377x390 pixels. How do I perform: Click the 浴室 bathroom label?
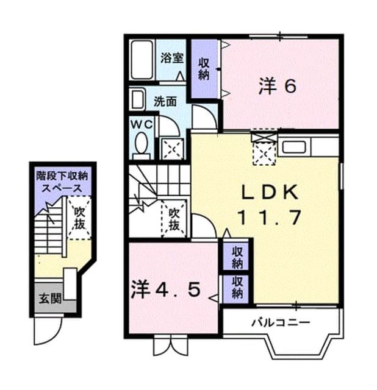(x=172, y=58)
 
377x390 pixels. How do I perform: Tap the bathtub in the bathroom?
(x=142, y=60)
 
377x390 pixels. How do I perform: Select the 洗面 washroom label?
(x=165, y=102)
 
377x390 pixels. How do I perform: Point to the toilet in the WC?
(x=142, y=146)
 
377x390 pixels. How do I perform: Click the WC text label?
(x=142, y=124)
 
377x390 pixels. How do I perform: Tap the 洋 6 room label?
(x=278, y=86)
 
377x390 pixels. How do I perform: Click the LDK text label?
(x=270, y=193)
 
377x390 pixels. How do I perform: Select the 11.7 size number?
(x=270, y=217)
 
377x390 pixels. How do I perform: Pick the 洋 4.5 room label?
(x=165, y=289)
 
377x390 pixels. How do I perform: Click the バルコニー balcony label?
(x=281, y=323)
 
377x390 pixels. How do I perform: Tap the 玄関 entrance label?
(x=50, y=299)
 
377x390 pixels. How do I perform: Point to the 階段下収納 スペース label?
(x=62, y=182)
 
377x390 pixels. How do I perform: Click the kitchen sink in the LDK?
(x=295, y=147)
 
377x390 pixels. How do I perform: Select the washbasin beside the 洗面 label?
(x=137, y=99)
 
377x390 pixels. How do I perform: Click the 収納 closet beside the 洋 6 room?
(x=204, y=69)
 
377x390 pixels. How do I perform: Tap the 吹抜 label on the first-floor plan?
(x=80, y=218)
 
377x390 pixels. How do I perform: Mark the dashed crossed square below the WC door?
(x=172, y=149)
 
